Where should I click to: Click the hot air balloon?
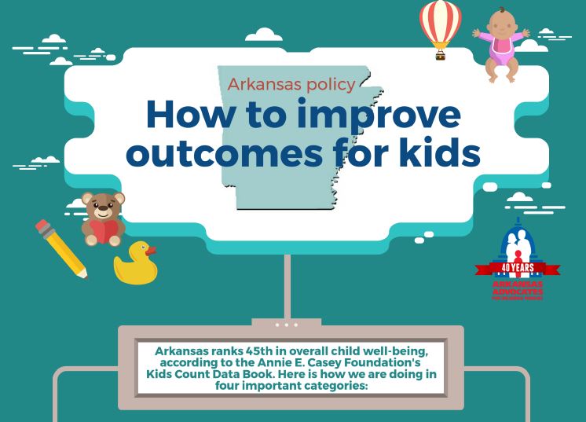[x=439, y=24]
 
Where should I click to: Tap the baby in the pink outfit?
[x=500, y=45]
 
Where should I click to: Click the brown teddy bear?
[x=103, y=218]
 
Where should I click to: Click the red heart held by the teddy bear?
[x=103, y=232]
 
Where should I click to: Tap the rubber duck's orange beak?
[x=151, y=251]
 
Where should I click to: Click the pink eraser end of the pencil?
[x=42, y=226]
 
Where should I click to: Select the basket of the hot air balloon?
[x=441, y=54]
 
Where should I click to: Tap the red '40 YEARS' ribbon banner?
[x=517, y=268]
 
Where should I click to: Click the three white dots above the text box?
[x=287, y=325]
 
